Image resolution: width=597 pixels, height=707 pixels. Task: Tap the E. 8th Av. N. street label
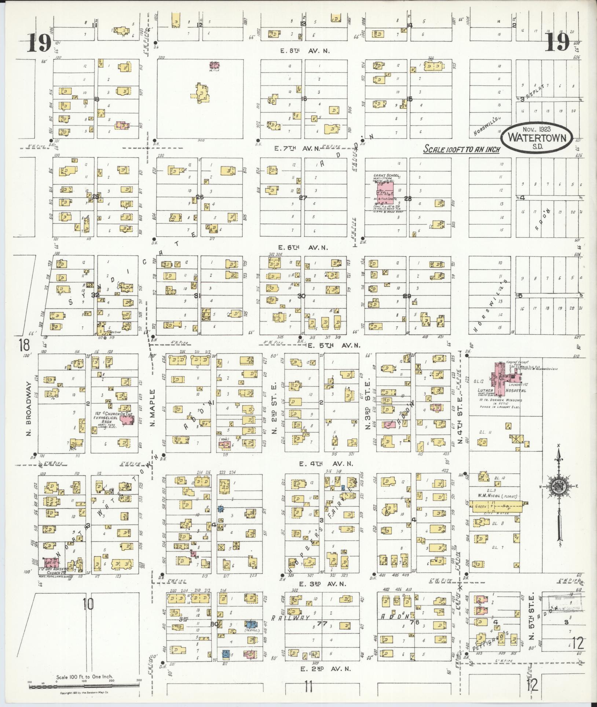click(305, 51)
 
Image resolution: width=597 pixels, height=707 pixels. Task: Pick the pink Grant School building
click(384, 190)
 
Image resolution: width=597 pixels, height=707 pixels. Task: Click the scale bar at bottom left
click(84, 686)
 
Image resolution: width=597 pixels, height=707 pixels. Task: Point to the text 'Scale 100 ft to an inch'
click(462, 150)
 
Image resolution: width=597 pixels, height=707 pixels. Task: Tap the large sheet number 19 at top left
click(39, 44)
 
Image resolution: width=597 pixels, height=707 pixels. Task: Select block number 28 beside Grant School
click(408, 198)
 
